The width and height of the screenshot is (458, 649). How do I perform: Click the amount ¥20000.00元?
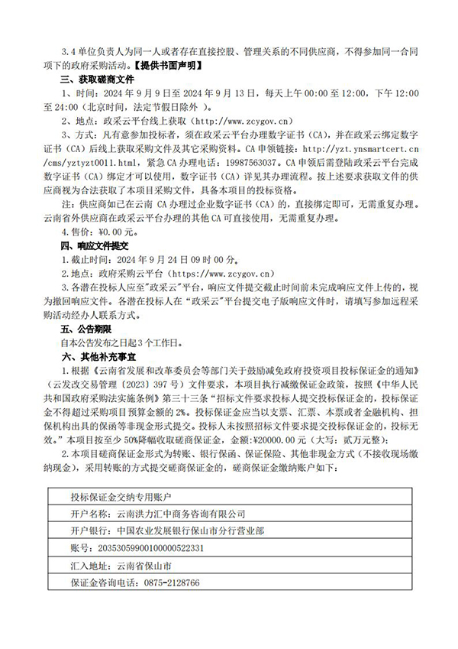coord(303,440)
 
